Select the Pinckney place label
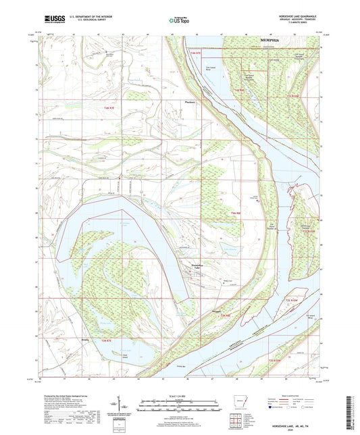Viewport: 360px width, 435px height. (190, 103)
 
